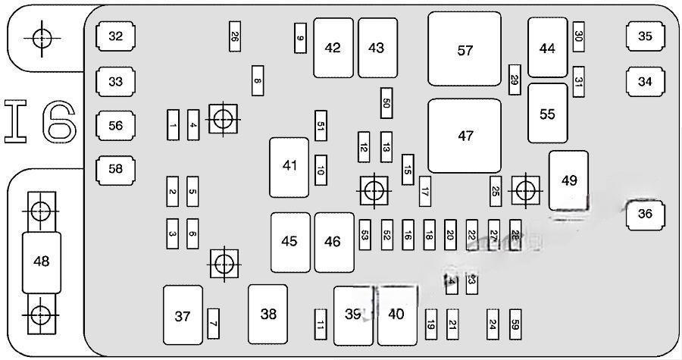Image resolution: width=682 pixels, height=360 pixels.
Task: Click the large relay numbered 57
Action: point(465,49)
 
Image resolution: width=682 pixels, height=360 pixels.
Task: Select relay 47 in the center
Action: point(465,136)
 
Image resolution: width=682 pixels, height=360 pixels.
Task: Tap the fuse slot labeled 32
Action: point(115,36)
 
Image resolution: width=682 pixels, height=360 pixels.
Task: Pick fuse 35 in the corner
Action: point(645,36)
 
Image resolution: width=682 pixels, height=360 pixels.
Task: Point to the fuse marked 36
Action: point(645,214)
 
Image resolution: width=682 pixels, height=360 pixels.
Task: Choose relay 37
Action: point(183,316)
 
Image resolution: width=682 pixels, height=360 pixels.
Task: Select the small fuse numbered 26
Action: point(236,36)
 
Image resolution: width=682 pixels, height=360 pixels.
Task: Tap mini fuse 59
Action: point(515,324)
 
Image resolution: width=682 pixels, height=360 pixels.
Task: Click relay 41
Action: point(289,167)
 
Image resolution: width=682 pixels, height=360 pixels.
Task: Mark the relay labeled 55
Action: point(547,114)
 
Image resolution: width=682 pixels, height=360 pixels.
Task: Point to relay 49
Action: point(568,180)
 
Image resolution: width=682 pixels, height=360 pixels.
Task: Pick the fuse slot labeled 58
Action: point(115,169)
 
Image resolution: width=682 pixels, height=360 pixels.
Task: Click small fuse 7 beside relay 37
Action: point(214,324)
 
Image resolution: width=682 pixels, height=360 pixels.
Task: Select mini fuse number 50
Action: point(386,102)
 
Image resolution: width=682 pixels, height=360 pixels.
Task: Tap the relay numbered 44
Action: point(547,48)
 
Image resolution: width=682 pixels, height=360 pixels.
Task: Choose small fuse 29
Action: point(515,80)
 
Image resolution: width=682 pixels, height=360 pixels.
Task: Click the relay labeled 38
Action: point(268,315)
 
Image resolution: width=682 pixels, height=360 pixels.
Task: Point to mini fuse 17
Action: point(425,192)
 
